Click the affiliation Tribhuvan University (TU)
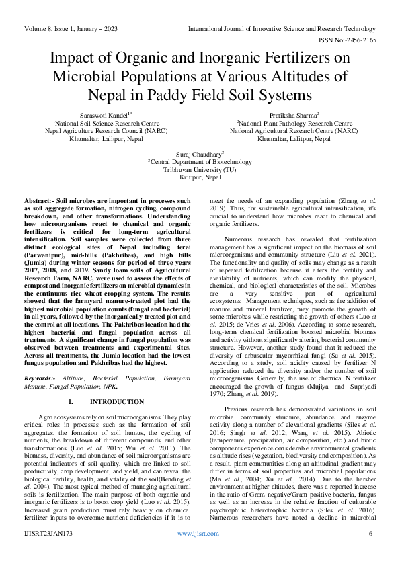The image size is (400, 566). (x=200, y=170)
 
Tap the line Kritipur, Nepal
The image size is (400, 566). (x=200, y=178)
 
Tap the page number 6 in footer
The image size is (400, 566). (x=370, y=553)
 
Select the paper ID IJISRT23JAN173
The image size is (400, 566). (x=51, y=553)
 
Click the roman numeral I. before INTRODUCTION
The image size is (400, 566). (x=72, y=401)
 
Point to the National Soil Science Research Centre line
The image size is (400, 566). (x=107, y=124)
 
